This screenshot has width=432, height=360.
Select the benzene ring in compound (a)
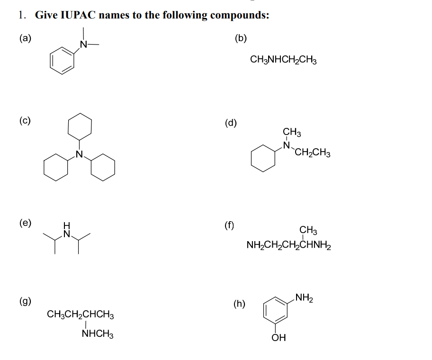(62, 62)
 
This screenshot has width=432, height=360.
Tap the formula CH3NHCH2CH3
(283, 60)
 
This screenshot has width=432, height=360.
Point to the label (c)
(25, 120)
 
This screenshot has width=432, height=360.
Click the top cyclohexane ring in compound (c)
(79, 126)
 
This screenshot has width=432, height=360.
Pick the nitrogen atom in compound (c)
(79, 153)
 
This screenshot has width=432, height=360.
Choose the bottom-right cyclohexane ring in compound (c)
(103, 168)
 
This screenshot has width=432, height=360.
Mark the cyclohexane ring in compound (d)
(263, 158)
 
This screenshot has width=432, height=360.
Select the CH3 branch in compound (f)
(308, 231)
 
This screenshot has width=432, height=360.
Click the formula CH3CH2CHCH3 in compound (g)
(80, 315)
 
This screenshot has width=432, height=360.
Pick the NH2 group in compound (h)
(303, 298)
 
